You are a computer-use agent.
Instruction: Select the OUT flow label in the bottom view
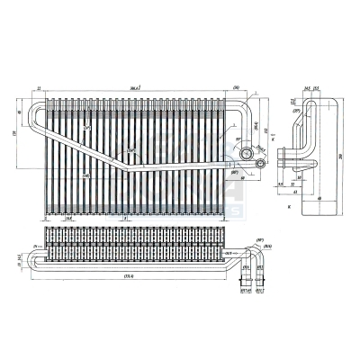point(230,255)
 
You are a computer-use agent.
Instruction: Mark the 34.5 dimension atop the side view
point(306,88)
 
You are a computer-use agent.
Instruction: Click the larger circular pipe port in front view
point(245,160)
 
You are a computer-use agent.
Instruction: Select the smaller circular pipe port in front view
point(259,164)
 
